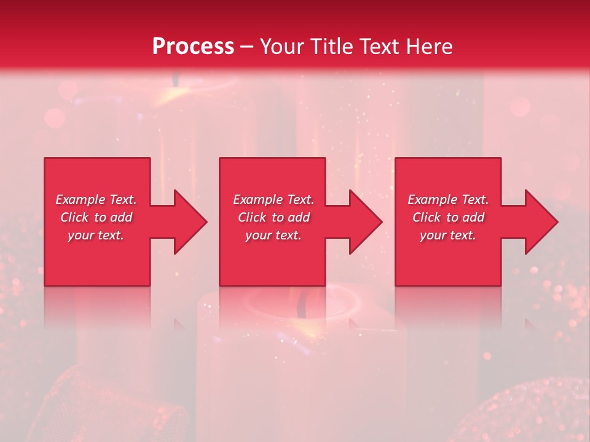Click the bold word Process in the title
click(193, 46)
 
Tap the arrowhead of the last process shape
click(541, 222)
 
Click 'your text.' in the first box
click(96, 235)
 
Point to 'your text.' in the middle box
click(273, 235)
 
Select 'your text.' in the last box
click(448, 235)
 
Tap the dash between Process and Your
click(247, 47)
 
